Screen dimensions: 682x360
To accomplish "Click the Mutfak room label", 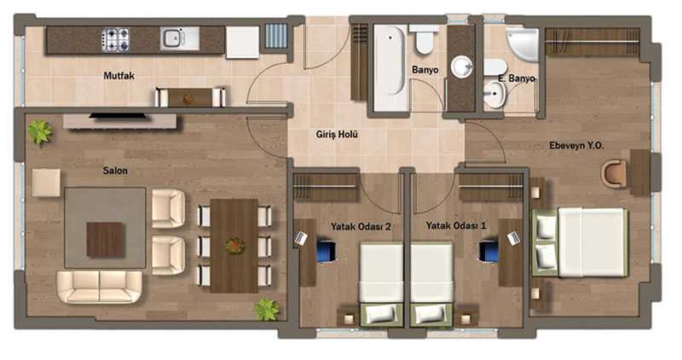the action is [x=118, y=76].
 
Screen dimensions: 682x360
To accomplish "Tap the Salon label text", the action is [x=115, y=171].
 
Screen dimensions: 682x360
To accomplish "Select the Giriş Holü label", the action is [x=337, y=135].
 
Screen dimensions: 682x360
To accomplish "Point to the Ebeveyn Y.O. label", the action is [x=576, y=145].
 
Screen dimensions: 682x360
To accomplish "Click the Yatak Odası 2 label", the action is [x=361, y=226].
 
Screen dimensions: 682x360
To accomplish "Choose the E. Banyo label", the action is [x=517, y=78].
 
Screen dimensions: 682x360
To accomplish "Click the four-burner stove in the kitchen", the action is [x=116, y=39].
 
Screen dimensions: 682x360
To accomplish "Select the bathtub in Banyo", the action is [x=390, y=67].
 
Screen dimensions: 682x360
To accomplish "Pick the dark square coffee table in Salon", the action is [x=104, y=239].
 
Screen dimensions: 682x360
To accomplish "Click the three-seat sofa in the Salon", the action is [x=99, y=287].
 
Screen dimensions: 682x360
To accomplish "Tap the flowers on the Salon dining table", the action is [x=234, y=246].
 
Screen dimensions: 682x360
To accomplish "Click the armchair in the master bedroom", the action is [x=614, y=173].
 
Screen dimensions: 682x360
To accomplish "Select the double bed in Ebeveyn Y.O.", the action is [x=580, y=242].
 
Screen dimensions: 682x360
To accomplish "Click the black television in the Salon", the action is [x=118, y=116].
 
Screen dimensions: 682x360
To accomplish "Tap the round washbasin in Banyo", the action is [x=462, y=67].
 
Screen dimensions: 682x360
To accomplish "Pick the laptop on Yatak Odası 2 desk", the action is [x=301, y=237].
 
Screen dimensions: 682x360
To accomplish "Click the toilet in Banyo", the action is [x=423, y=39].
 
